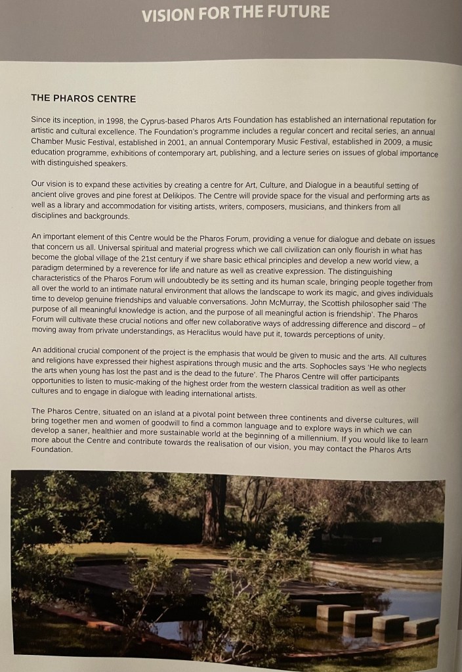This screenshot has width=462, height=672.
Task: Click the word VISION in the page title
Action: coord(167,12)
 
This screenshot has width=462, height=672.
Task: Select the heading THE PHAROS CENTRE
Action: coord(83,99)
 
